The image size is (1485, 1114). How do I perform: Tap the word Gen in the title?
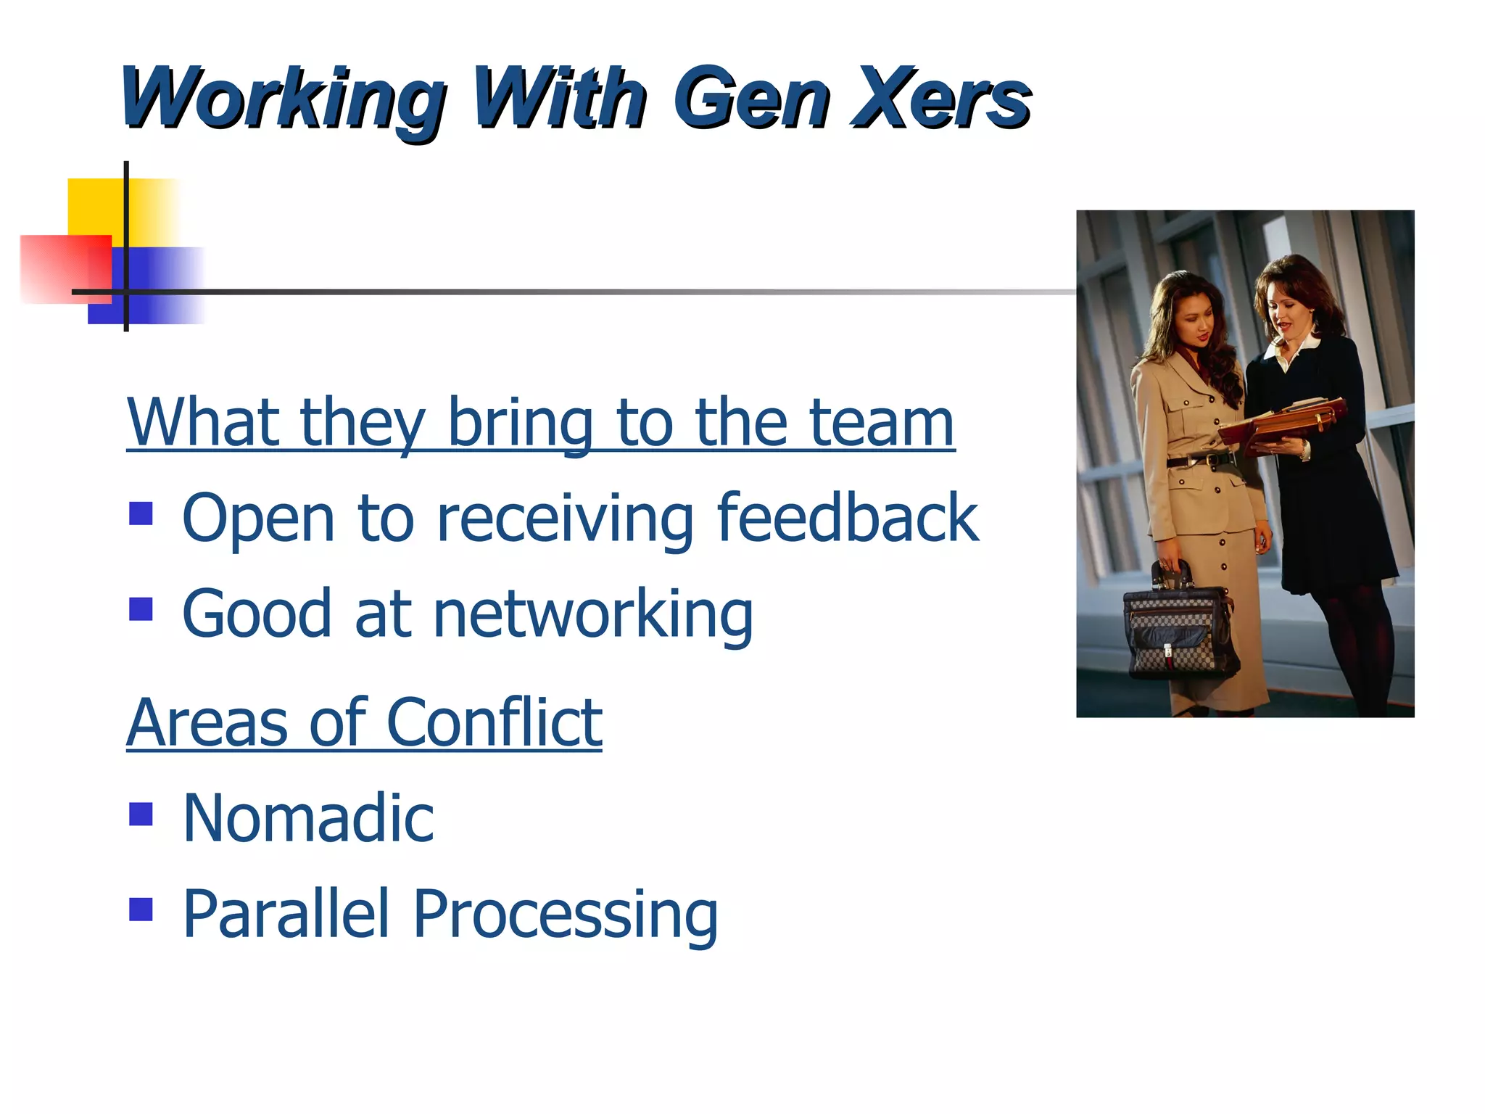pos(751,97)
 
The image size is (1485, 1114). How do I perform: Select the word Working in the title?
pos(283,99)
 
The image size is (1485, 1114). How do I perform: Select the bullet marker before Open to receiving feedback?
pos(141,514)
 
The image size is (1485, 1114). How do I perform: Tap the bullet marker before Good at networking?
pos(141,609)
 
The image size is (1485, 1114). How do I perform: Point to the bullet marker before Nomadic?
pos(141,814)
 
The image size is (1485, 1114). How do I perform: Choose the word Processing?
pos(565,915)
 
